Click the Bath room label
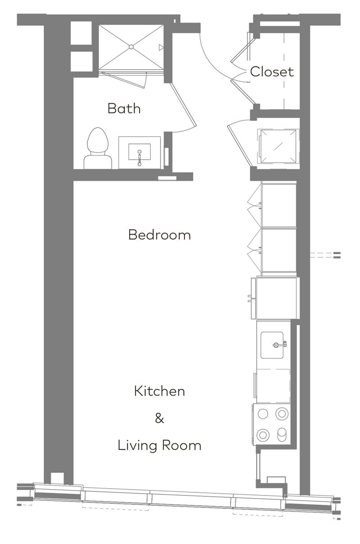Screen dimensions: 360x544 coord(124,108)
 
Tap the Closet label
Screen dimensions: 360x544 coord(272,71)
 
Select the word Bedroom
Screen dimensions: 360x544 coord(159,235)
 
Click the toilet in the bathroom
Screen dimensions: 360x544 coord(98,148)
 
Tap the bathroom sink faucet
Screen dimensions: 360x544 coord(139,158)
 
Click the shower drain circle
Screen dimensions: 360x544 coord(131,47)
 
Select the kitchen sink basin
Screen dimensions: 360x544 coord(272,345)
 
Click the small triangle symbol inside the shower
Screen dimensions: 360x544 coord(161,47)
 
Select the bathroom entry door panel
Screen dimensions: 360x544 coord(183,105)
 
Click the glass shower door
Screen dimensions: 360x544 coord(124,80)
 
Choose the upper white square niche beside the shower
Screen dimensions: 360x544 coord(81,33)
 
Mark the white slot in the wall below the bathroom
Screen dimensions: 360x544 coord(167,178)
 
